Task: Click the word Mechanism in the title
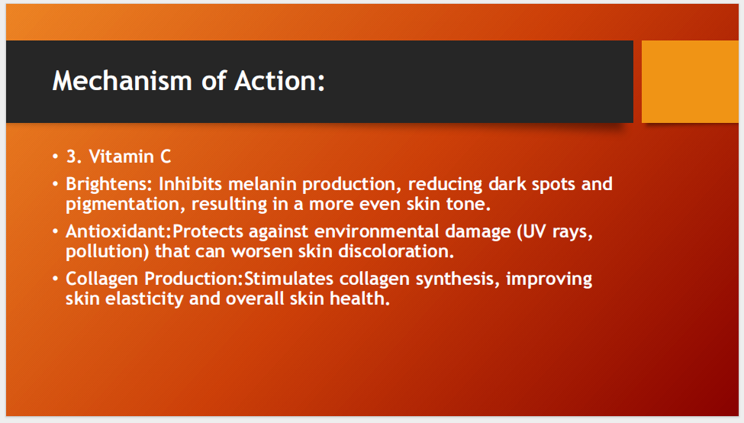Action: [122, 81]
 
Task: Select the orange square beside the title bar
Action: [690, 82]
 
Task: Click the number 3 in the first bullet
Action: [71, 157]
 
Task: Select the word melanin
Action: [262, 184]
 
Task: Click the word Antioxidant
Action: [118, 231]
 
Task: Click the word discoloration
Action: [395, 252]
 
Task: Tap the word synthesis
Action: [457, 279]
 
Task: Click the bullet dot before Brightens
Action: [56, 184]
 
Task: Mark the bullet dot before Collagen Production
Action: [56, 279]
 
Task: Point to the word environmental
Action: [377, 231]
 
